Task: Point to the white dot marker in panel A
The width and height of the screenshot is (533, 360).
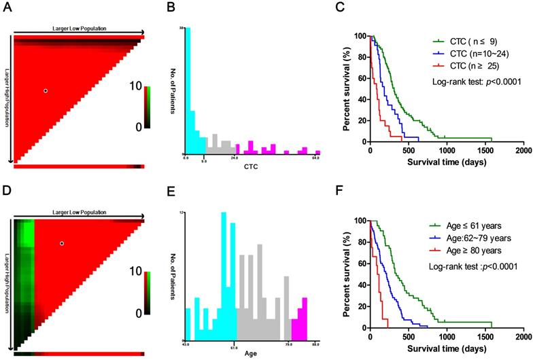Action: [x=46, y=90]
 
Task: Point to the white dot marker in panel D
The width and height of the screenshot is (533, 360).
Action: [x=61, y=243]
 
